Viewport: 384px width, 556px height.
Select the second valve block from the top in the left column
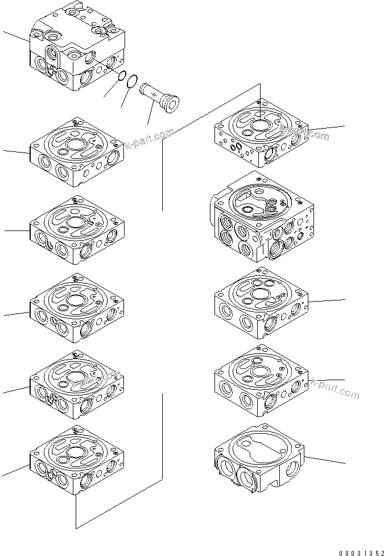pos(76,152)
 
